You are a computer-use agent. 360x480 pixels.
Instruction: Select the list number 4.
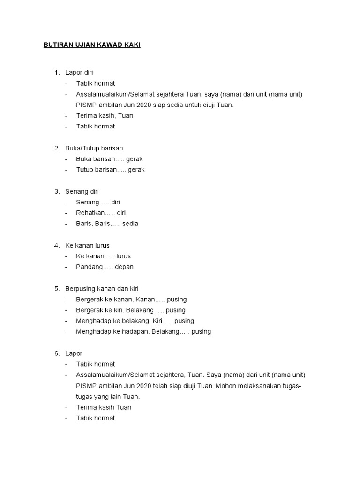pos(56,245)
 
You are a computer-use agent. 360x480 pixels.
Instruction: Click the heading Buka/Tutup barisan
pos(94,148)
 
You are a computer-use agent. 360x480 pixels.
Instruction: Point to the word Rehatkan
pos(89,213)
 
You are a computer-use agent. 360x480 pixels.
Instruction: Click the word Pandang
pos(88,267)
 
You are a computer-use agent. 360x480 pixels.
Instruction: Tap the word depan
pos(125,267)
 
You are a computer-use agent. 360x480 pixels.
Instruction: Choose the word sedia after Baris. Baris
pos(131,224)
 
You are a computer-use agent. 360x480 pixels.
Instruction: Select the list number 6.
pos(56,353)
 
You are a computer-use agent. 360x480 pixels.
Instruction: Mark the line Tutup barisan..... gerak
pos(110,170)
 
